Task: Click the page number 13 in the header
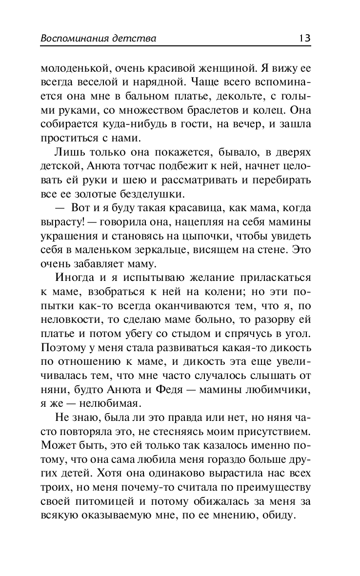click(x=305, y=38)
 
